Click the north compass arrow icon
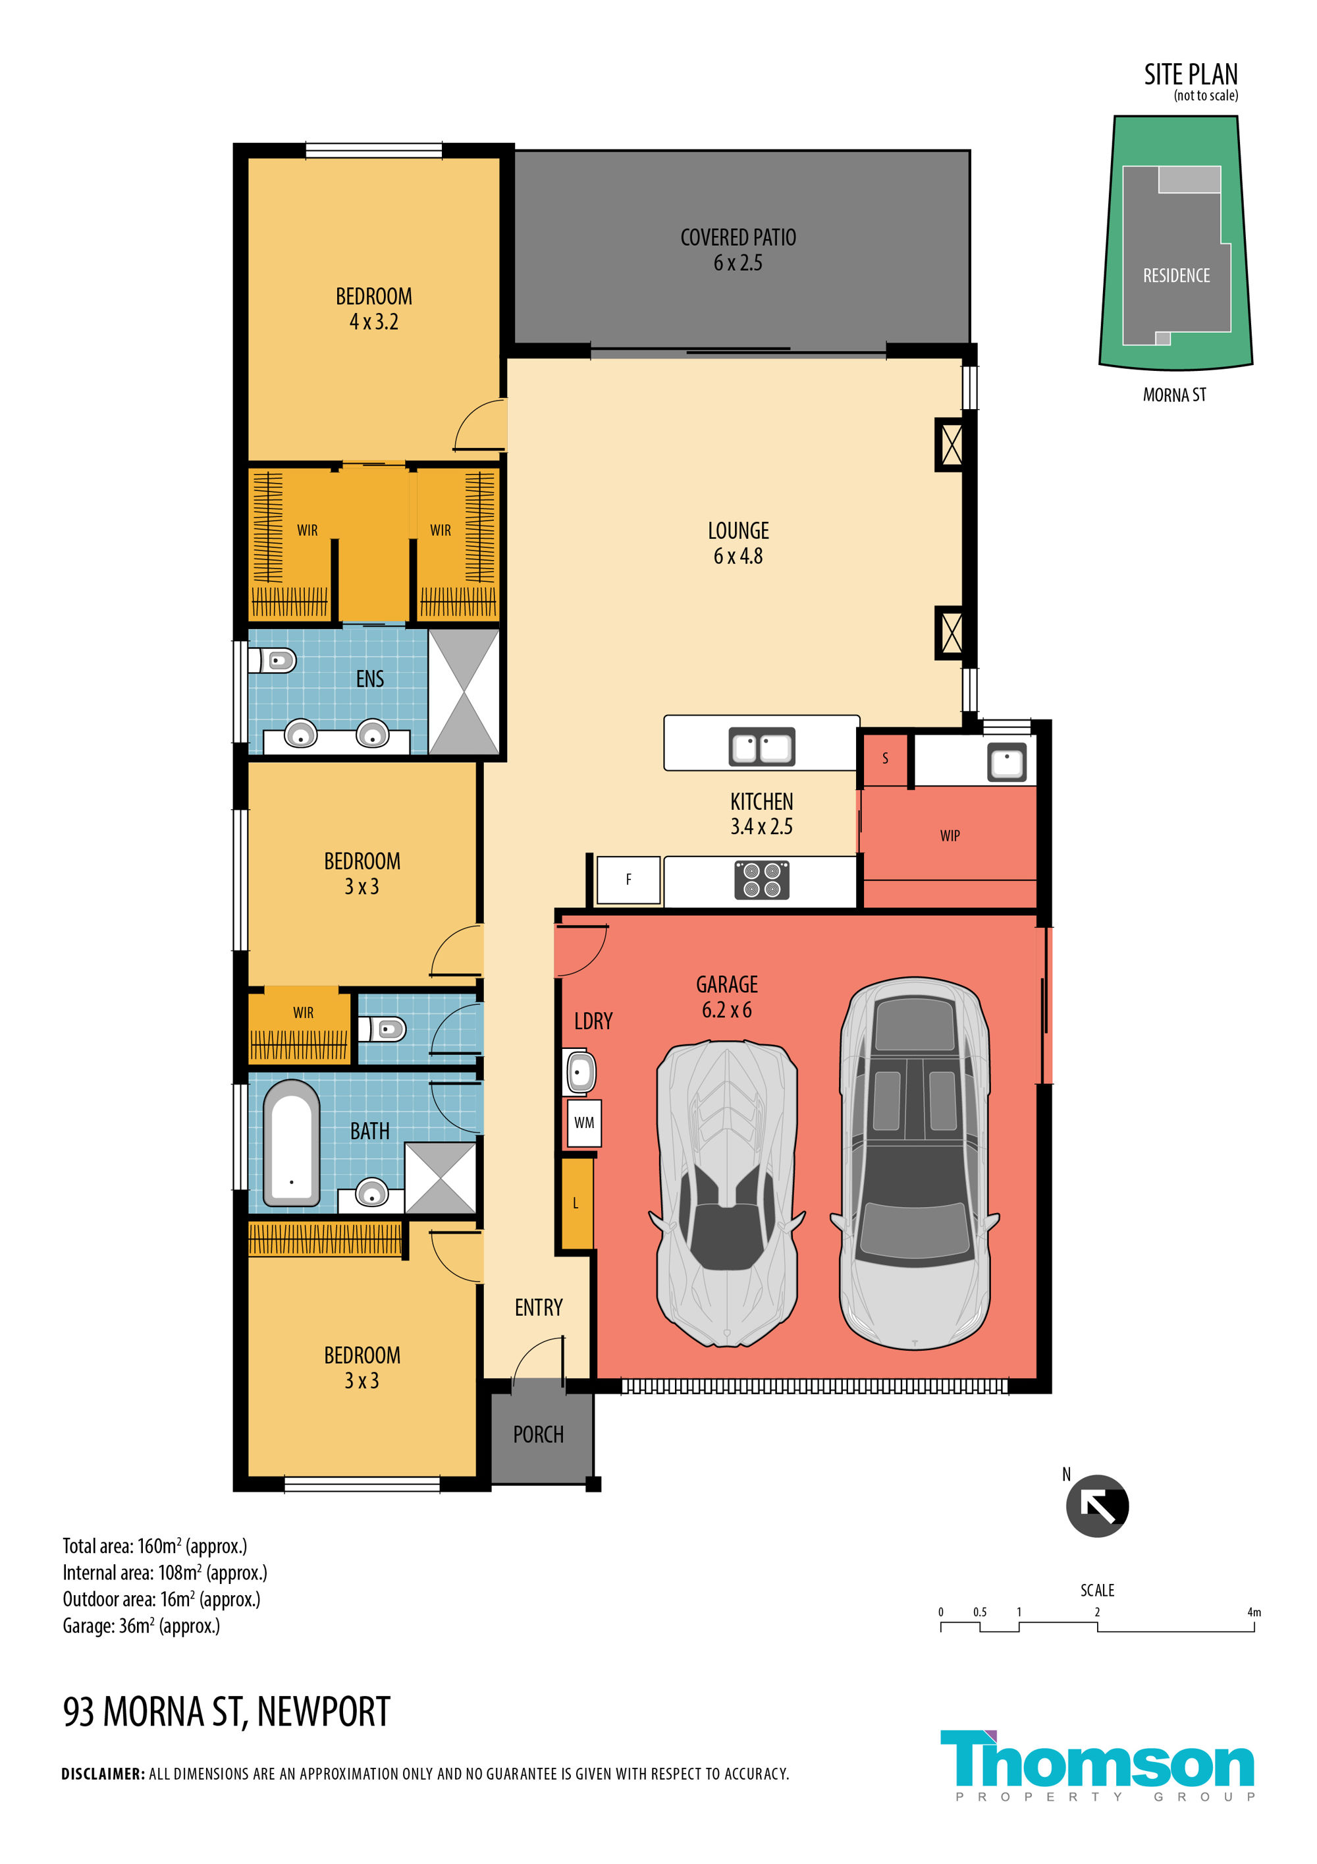(1096, 1506)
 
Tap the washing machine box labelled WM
(583, 1123)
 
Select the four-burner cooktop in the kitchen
(761, 880)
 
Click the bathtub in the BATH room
(290, 1143)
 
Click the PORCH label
(538, 1434)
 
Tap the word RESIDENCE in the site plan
(1176, 275)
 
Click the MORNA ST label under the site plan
(1174, 395)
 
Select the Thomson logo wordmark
(1097, 1759)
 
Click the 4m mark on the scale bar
(1254, 1612)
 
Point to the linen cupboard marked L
(576, 1203)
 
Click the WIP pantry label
(950, 835)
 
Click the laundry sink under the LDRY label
(579, 1073)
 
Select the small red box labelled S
(884, 758)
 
